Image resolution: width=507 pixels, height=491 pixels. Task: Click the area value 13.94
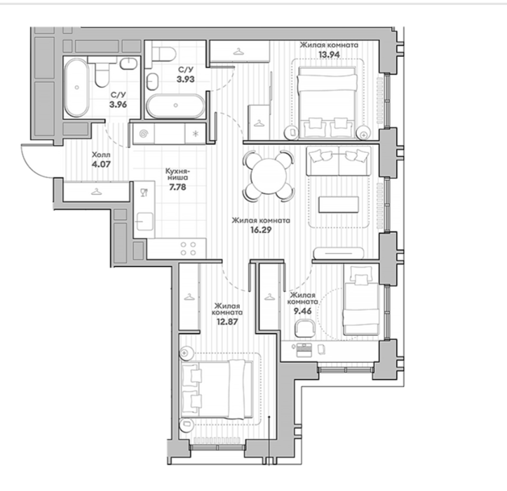click(329, 54)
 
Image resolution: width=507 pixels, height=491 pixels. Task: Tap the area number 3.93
click(185, 79)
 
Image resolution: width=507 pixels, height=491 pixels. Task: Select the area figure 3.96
click(118, 105)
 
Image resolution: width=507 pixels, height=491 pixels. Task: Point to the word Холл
click(101, 154)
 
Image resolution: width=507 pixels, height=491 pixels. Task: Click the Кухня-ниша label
click(177, 174)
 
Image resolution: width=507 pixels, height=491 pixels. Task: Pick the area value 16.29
click(261, 230)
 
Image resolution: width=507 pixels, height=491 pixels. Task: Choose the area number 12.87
click(227, 322)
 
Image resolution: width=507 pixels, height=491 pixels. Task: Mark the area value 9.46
click(302, 311)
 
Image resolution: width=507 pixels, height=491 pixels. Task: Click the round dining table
click(269, 175)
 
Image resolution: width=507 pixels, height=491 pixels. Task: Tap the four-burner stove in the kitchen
click(188, 249)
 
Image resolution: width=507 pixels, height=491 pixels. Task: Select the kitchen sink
click(144, 221)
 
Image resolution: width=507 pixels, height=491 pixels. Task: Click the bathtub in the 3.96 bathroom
click(76, 88)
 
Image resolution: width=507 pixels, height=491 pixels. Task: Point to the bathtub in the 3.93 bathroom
click(175, 106)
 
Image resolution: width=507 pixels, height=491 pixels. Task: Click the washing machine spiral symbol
click(144, 133)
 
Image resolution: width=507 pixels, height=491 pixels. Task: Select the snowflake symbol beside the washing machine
click(196, 133)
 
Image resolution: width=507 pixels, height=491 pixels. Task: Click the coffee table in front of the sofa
click(339, 204)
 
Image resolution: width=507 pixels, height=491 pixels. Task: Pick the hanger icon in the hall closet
click(95, 191)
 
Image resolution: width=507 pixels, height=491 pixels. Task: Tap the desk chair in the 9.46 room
click(304, 328)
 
